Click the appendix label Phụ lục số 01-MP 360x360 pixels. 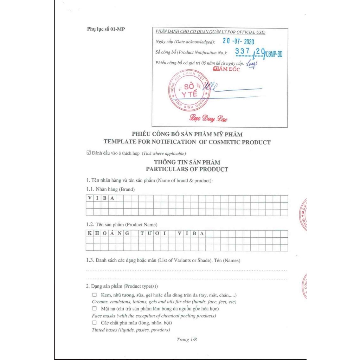[x=106, y=29]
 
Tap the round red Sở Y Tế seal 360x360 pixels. [x=189, y=90]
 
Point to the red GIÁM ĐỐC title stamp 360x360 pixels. [x=226, y=69]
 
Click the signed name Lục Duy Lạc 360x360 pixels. [x=208, y=119]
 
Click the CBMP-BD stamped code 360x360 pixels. [x=274, y=54]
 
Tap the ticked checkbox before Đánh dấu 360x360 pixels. [x=89, y=153]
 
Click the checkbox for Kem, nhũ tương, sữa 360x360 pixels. [x=94, y=295]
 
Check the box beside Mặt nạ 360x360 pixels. [x=94, y=309]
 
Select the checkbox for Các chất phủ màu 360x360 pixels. [x=94, y=322]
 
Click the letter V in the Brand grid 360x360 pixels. [x=90, y=198]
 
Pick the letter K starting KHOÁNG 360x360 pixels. [x=90, y=233]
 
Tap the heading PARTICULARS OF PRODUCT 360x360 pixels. [x=187, y=169]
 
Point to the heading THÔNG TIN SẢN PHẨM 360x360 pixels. [x=187, y=162]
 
